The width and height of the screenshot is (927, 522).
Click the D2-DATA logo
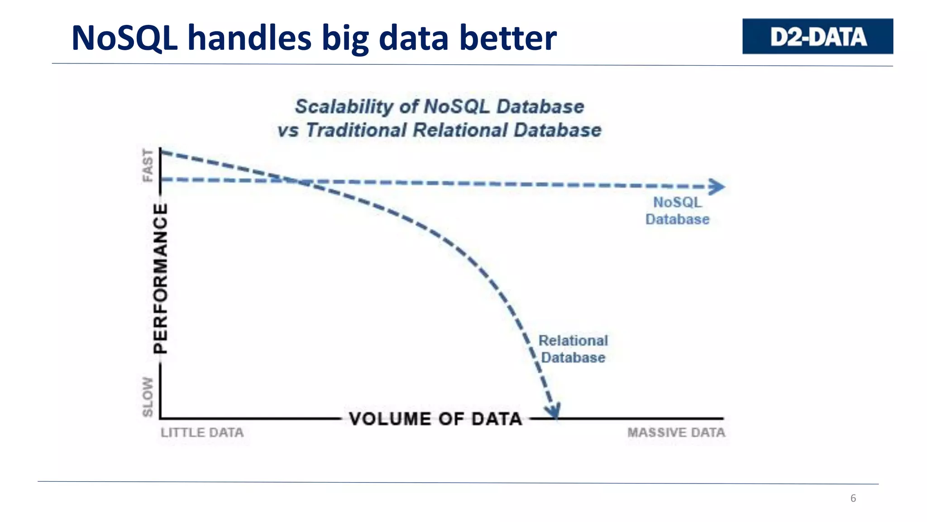click(817, 36)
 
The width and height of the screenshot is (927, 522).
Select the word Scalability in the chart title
click(344, 107)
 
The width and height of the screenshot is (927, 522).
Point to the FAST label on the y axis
click(148, 165)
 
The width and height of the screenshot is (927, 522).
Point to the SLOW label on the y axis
click(148, 396)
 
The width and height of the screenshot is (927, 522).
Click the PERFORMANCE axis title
click(160, 278)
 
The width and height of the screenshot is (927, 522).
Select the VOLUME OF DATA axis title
click(435, 419)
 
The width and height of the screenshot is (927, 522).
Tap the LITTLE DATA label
click(202, 433)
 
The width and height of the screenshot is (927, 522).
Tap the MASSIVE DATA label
click(676, 433)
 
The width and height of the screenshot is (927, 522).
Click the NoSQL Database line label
click(677, 211)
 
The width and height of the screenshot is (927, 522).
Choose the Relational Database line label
click(573, 349)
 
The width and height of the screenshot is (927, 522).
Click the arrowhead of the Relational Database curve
click(553, 411)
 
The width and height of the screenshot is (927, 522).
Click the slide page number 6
click(853, 498)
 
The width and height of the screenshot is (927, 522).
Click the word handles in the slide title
click(249, 38)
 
